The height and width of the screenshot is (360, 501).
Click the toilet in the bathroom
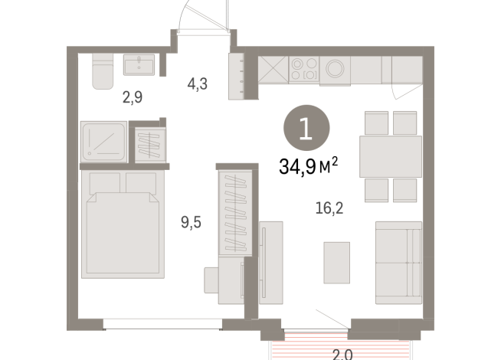[103, 71]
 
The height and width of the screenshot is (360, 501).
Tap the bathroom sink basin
[139, 65]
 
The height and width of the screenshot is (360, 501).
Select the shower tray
[103, 142]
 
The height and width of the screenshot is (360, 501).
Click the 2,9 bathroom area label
[133, 97]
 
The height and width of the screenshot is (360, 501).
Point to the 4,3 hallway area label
[198, 84]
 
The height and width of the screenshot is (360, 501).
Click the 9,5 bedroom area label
[191, 222]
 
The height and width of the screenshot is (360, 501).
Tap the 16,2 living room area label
[329, 208]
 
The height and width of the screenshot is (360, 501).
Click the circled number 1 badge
[306, 128]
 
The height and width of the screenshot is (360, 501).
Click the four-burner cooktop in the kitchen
[304, 69]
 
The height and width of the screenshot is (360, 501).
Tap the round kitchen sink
[335, 69]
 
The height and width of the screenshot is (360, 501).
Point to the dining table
[391, 156]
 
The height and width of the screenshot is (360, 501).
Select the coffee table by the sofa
[337, 263]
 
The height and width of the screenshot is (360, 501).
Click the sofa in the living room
[398, 263]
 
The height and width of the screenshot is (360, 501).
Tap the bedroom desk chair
[211, 280]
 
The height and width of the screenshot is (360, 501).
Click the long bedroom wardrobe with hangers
[235, 213]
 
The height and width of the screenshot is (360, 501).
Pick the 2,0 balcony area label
[342, 355]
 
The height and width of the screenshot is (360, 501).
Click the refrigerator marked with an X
[273, 69]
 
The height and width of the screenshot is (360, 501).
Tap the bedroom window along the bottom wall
[162, 324]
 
